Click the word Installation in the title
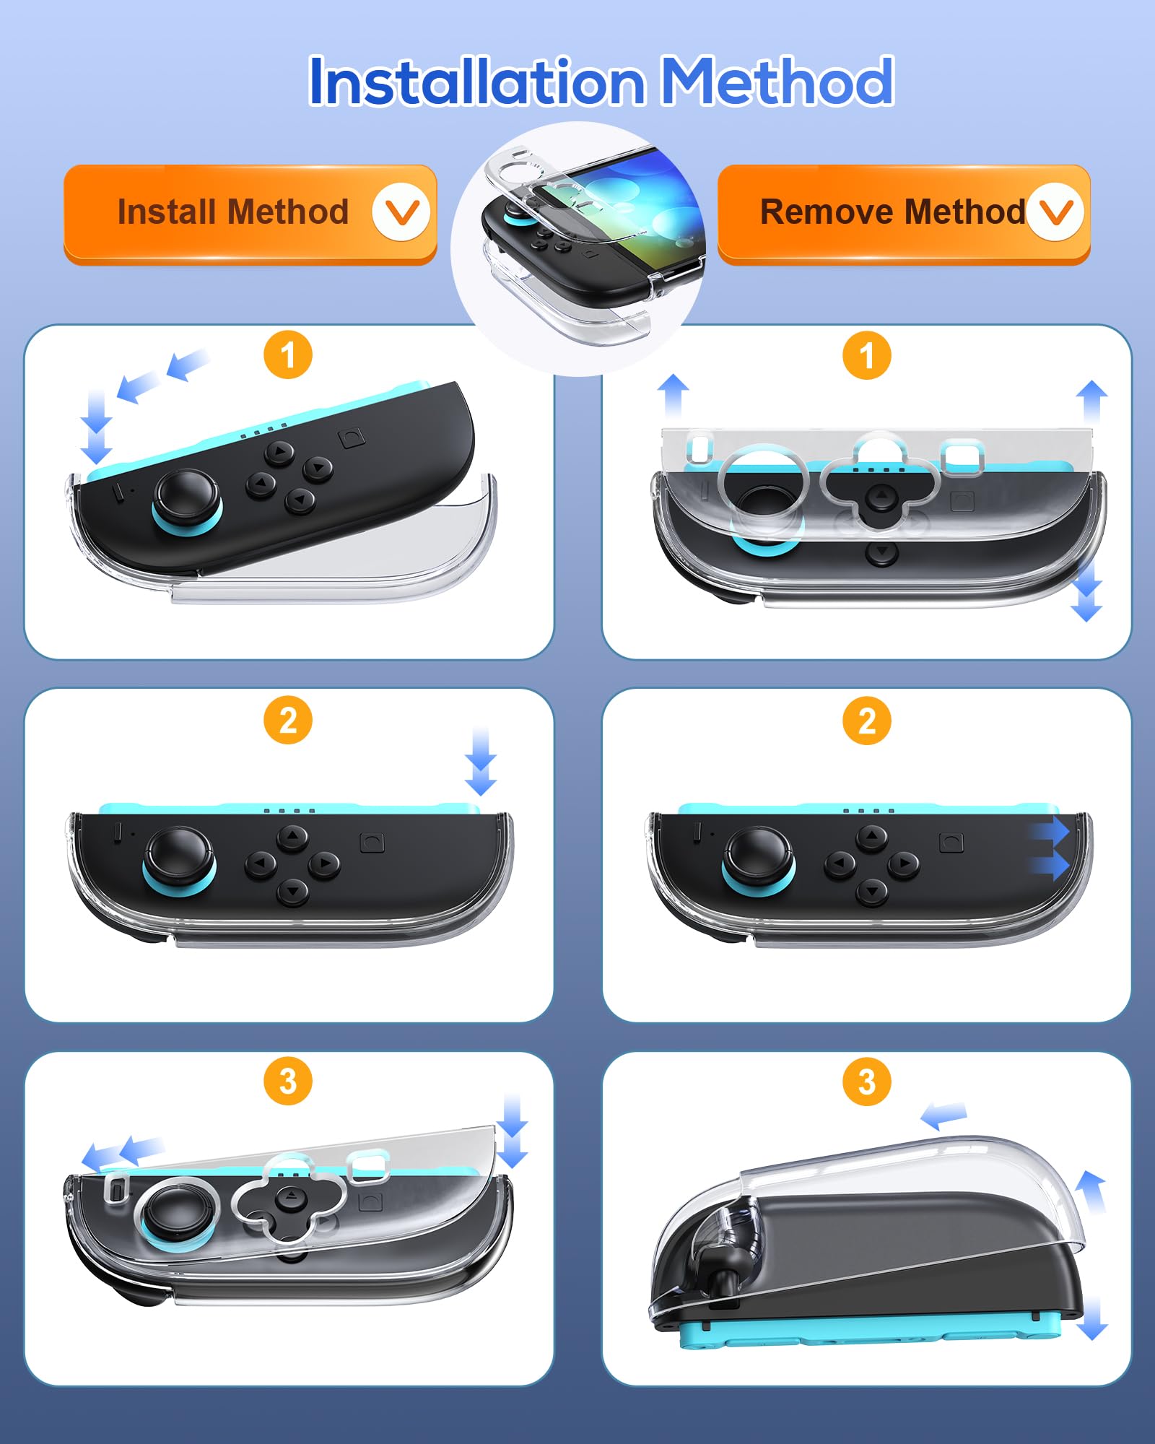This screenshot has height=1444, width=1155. (x=477, y=81)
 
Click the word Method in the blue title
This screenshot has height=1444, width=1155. (x=777, y=81)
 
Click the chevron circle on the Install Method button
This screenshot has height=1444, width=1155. (x=401, y=212)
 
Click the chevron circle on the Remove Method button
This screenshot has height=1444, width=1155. (x=1055, y=212)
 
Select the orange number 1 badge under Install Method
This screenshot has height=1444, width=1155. (x=288, y=355)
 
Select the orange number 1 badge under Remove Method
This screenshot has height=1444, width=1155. (x=867, y=355)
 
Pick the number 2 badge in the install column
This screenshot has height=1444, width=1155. (x=288, y=721)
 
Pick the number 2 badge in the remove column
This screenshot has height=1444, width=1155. (x=867, y=721)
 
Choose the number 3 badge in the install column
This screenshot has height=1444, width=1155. (x=288, y=1082)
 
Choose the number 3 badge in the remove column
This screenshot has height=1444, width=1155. (x=867, y=1082)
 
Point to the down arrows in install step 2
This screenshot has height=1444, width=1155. (x=480, y=762)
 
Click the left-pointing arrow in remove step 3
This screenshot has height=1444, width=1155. (x=943, y=1115)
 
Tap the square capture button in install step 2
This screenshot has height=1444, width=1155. (x=372, y=843)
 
